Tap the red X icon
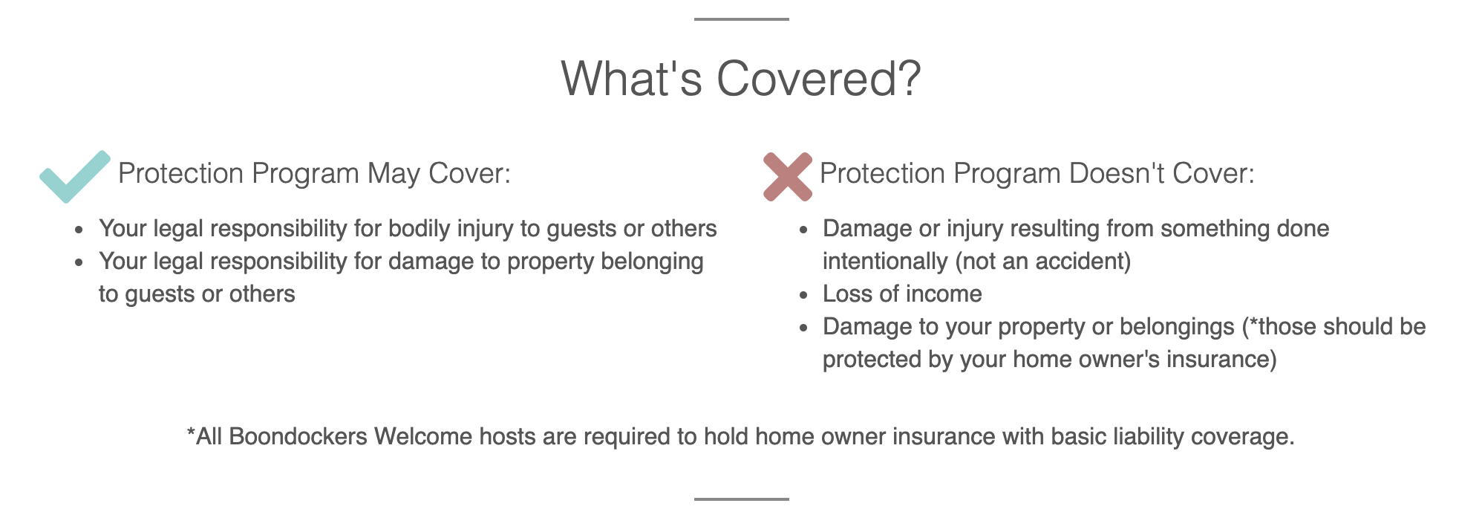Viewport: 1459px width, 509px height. [788, 177]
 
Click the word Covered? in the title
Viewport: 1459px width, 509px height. [819, 79]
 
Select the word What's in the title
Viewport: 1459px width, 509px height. [631, 79]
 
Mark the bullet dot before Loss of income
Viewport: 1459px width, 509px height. [803, 296]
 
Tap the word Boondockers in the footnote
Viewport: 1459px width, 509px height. [298, 437]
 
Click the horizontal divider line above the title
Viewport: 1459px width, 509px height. [741, 19]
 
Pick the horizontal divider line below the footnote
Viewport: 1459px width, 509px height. [741, 499]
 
